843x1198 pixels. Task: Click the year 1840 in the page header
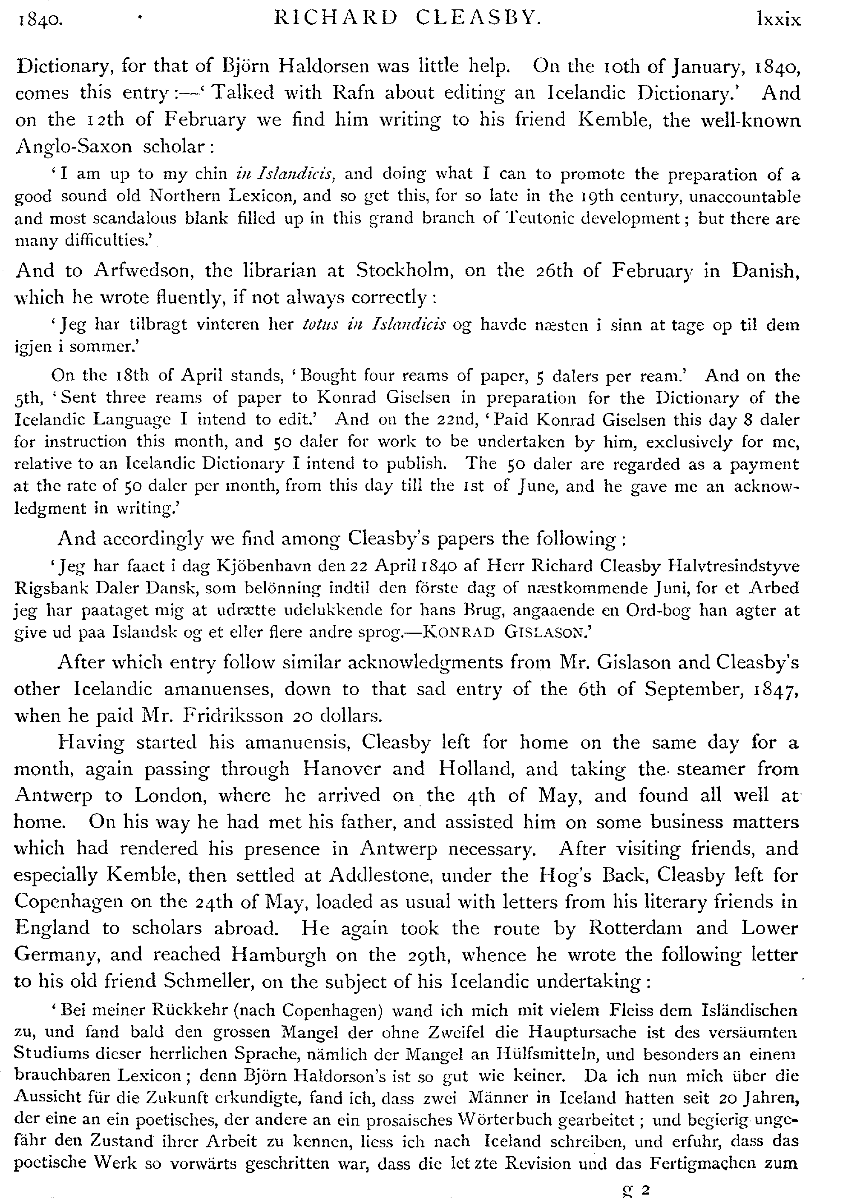(40, 20)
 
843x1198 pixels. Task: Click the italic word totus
(322, 324)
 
